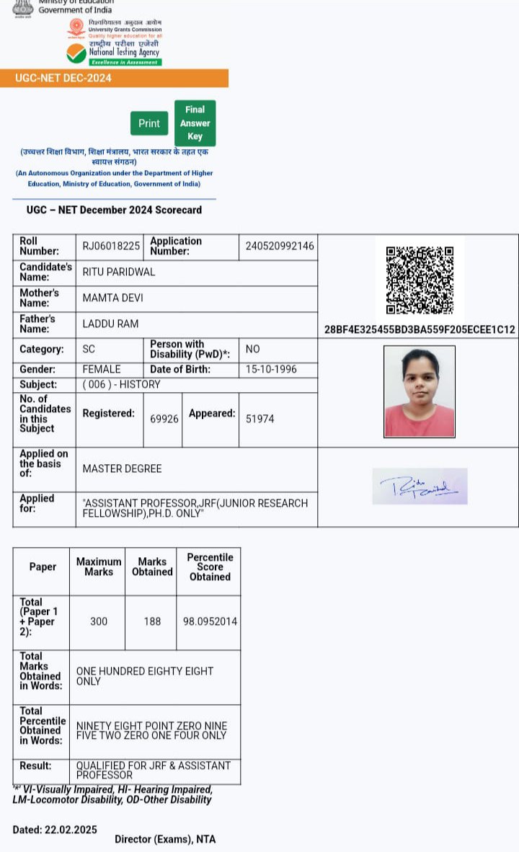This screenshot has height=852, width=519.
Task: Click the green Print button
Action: pos(149,123)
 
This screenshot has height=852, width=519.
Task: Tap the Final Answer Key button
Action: pos(195,123)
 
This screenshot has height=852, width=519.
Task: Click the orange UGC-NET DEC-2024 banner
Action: pos(115,78)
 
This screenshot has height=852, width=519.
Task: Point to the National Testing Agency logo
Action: pos(114,53)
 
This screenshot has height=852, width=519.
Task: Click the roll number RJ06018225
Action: pos(111,246)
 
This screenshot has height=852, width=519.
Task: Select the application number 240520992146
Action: pos(280,246)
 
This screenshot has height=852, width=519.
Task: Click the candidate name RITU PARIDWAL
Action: pos(119,272)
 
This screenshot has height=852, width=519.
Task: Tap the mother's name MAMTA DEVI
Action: pos(114,298)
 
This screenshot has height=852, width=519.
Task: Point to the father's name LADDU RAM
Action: pos(110,324)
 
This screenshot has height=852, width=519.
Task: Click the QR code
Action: pos(420,280)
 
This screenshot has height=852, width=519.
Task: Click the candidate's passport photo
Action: pos(420,391)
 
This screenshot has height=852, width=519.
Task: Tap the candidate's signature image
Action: pos(420,487)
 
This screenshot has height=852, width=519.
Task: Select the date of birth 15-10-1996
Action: pos(271,369)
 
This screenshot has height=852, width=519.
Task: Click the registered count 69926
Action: pos(164,418)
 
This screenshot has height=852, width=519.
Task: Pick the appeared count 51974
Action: pos(259,418)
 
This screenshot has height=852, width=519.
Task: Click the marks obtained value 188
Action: pos(152,621)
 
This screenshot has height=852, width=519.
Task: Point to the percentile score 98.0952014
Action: pos(210,621)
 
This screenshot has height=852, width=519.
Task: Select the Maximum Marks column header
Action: pos(99,567)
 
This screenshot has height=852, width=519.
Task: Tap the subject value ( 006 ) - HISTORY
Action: pos(121,384)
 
